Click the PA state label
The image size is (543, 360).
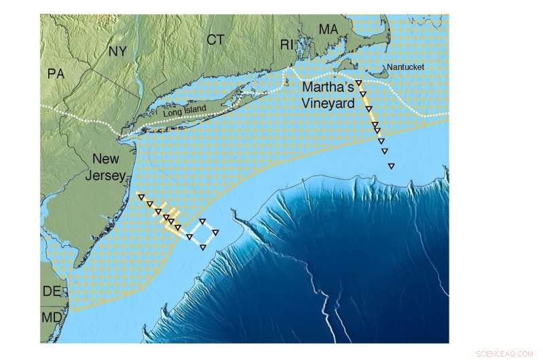(56, 73)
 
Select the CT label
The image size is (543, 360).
(215, 40)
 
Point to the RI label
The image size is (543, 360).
(288, 45)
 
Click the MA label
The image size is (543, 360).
(329, 29)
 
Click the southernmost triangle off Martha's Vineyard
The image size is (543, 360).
(390, 166)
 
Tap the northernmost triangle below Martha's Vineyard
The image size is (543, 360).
(358, 83)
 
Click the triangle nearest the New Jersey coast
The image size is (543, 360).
(140, 196)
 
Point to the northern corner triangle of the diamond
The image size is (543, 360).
(203, 221)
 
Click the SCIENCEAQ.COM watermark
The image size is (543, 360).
(508, 353)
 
